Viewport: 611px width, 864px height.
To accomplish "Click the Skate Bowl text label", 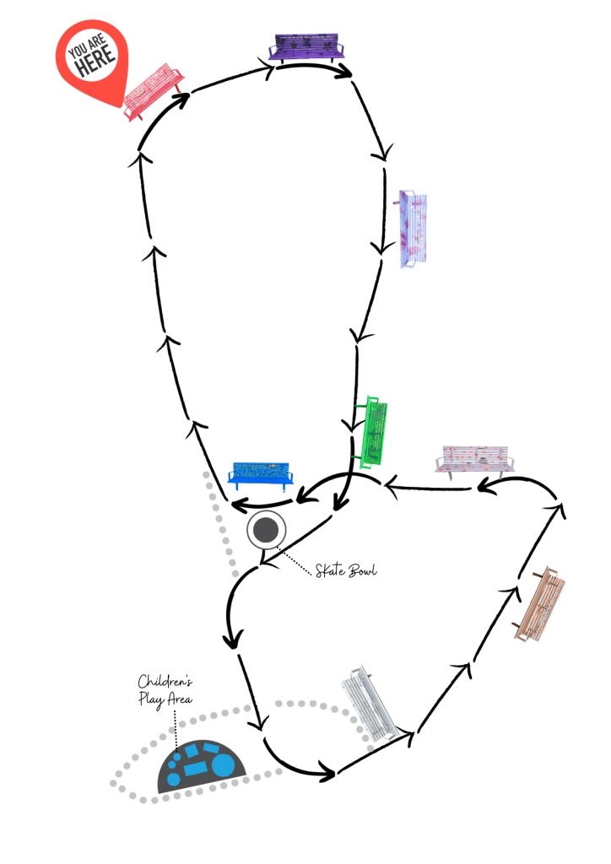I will coord(346,571).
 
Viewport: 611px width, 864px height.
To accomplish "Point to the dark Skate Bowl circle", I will coord(267,530).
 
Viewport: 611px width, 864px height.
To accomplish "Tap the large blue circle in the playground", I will coord(223,764).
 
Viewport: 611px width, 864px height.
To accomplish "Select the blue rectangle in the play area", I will coord(195,769).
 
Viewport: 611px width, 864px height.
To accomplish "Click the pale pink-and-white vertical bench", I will coord(414,229).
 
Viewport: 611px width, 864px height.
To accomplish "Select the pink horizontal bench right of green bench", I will coord(475,461).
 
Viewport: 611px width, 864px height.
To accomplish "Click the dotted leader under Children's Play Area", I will coord(175,726).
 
